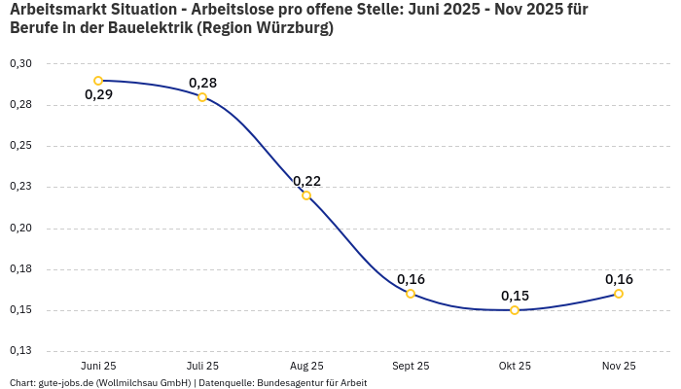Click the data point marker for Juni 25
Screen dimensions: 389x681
tap(98, 81)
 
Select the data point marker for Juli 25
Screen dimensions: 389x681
tap(202, 97)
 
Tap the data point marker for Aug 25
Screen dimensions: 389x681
tap(306, 195)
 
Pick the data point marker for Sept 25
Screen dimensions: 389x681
tap(411, 294)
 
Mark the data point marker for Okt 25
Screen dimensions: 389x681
tap(515, 310)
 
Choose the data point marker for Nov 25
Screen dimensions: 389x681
tap(619, 294)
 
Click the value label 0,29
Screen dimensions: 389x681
tap(98, 95)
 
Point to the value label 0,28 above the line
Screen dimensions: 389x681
tap(202, 83)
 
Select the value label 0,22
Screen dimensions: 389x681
tap(306, 181)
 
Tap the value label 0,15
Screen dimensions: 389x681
tap(515, 296)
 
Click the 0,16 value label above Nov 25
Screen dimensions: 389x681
tap(619, 279)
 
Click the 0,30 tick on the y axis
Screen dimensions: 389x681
tap(20, 64)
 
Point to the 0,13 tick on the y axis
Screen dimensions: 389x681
tap(20, 351)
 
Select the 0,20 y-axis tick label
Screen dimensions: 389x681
tap(20, 229)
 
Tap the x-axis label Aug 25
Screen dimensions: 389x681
tap(306, 367)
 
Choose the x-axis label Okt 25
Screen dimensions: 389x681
tap(515, 367)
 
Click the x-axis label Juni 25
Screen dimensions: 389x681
tap(98, 367)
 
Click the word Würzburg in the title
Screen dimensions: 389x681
tap(290, 28)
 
